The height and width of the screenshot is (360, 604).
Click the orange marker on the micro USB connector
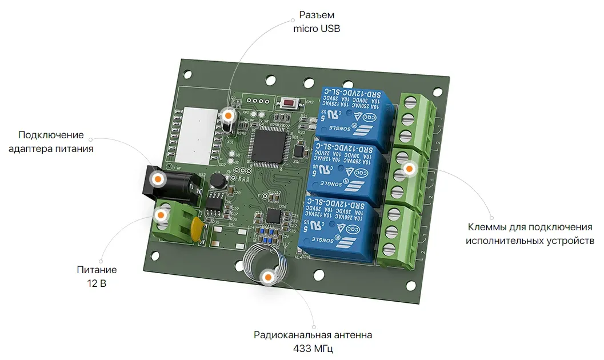click(x=228, y=115)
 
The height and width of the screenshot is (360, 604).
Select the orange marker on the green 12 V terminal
click(x=161, y=215)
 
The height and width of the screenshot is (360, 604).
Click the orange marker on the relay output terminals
click(x=409, y=169)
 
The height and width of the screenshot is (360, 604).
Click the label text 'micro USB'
click(x=317, y=28)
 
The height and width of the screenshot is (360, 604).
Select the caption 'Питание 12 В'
click(x=97, y=277)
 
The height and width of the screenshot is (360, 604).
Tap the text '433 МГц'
click(x=313, y=349)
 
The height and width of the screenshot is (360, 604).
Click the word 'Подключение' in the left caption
click(x=51, y=135)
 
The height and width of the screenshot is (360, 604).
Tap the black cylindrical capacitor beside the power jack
click(x=217, y=181)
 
